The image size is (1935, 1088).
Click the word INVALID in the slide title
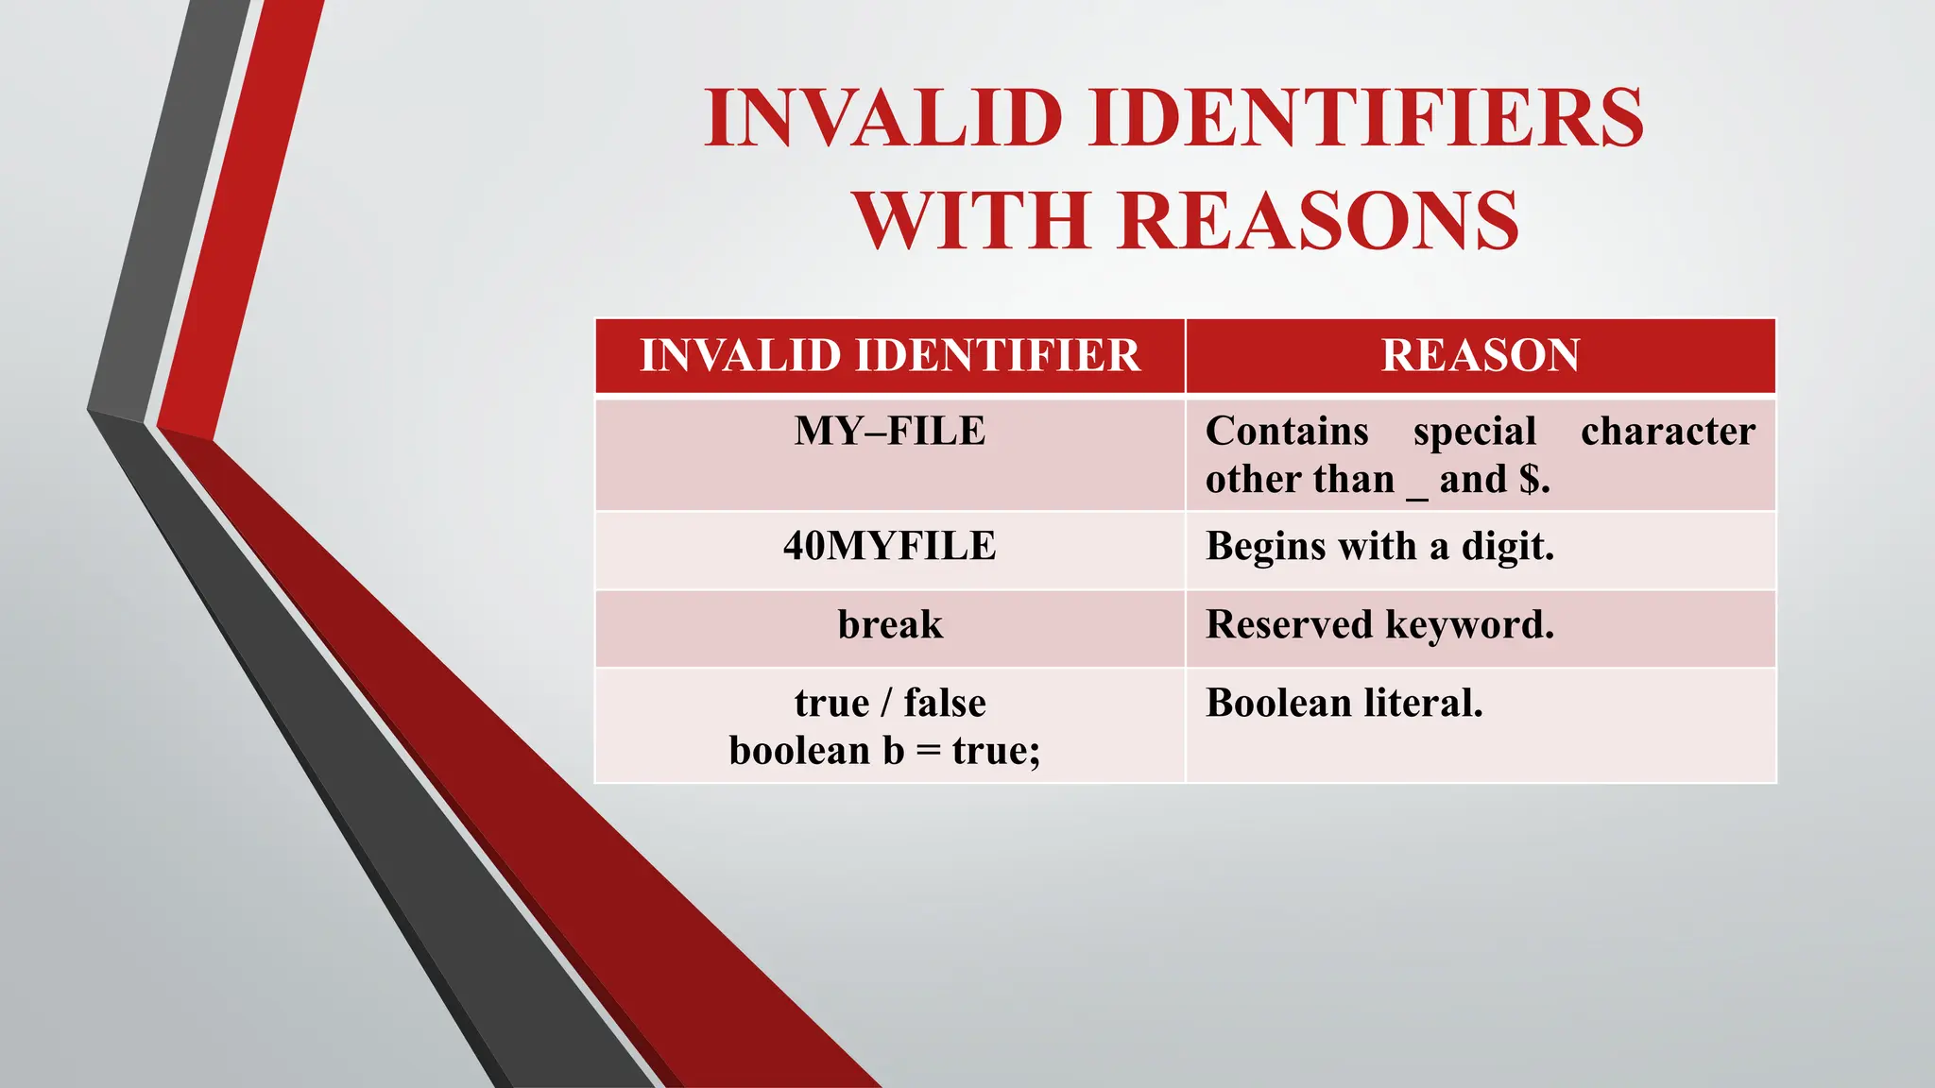click(883, 118)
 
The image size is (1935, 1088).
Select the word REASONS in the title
click(1318, 221)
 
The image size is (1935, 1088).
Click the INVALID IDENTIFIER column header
click(890, 356)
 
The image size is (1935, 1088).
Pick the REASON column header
click(1481, 356)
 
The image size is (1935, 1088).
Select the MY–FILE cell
click(890, 432)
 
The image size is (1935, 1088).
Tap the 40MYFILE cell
click(890, 547)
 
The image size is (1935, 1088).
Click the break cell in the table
click(890, 625)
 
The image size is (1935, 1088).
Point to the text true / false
click(890, 704)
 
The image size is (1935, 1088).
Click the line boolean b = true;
click(884, 752)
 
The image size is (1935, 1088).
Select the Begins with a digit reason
click(1379, 547)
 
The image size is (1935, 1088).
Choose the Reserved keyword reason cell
click(1379, 625)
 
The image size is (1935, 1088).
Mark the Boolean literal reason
click(1344, 704)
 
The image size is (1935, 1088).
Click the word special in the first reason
click(1474, 433)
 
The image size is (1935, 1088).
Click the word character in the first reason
click(1668, 432)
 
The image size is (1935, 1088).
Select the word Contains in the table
click(1287, 432)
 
